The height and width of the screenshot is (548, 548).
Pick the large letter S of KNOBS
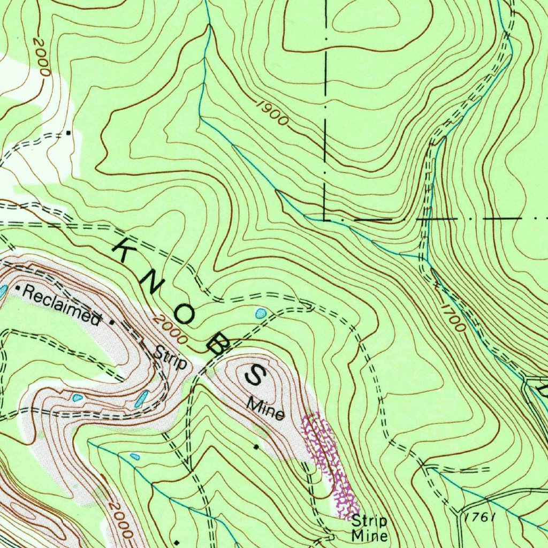pyautogui.click(x=255, y=375)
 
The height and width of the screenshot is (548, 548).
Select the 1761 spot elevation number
pyautogui.click(x=478, y=517)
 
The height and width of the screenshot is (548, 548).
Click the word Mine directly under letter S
pyautogui.click(x=265, y=409)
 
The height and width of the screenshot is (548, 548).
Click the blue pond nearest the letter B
pyautogui.click(x=261, y=313)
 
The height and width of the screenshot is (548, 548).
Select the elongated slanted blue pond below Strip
pyautogui.click(x=142, y=399)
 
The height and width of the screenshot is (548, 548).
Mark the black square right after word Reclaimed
pyautogui.click(x=111, y=323)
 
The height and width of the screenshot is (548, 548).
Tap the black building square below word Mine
pyautogui.click(x=256, y=446)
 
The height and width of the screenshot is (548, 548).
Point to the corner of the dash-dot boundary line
pyautogui.click(x=325, y=219)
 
